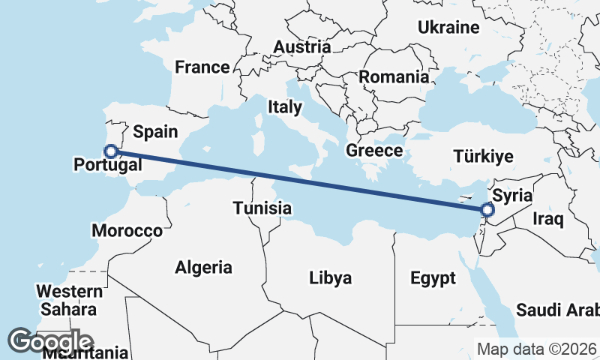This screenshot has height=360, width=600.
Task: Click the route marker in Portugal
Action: click(111, 151)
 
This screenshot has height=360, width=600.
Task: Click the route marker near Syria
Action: click(488, 211)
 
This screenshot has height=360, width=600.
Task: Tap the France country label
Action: click(202, 67)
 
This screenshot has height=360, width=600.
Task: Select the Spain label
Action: click(155, 132)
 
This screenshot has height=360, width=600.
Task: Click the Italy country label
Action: click(284, 107)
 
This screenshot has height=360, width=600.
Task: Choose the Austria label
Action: click(301, 47)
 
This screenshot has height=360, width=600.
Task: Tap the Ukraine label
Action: click(448, 28)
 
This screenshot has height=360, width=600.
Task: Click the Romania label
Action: click(394, 76)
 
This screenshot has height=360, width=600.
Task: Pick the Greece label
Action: click(374, 151)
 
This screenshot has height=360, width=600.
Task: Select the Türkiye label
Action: click(484, 157)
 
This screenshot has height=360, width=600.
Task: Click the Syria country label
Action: click(513, 195)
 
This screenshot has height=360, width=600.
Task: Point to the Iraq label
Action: click(547, 219)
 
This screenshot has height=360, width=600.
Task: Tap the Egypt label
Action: click(433, 279)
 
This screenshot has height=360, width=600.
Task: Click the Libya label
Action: click(330, 279)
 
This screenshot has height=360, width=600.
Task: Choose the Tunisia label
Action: click(262, 208)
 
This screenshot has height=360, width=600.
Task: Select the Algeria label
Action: click(203, 267)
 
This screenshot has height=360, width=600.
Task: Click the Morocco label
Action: click(127, 230)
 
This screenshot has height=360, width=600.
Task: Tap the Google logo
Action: click(50, 341)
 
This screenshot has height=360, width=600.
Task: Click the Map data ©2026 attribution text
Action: click(536, 349)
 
